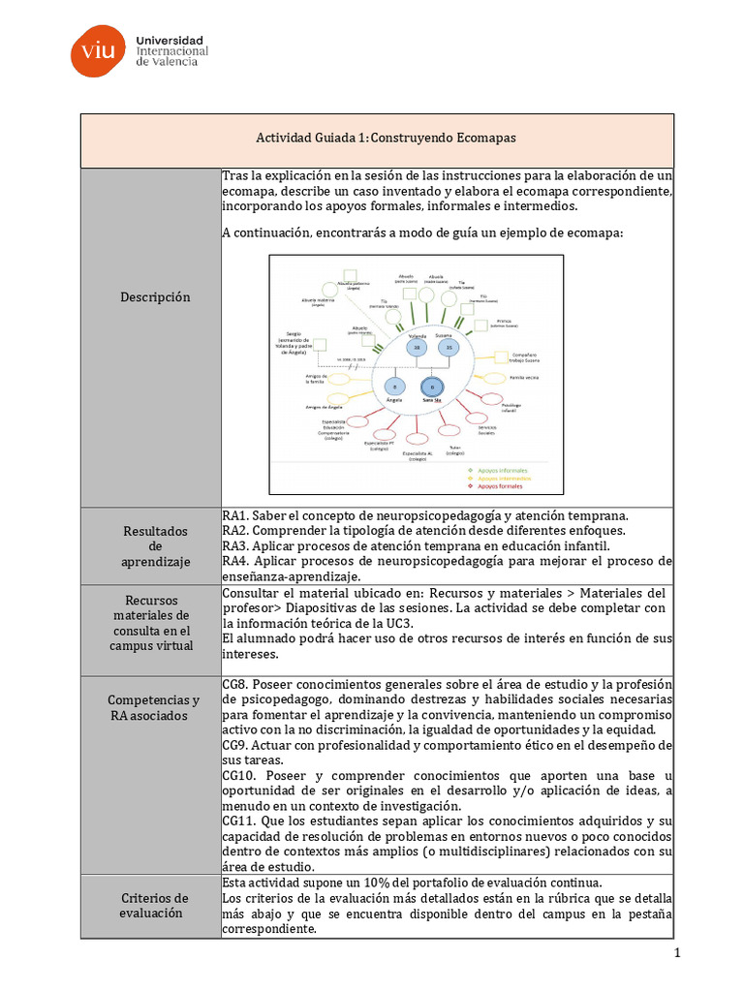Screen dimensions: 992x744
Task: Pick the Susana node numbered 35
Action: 448,347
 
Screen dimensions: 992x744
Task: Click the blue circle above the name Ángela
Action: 394,385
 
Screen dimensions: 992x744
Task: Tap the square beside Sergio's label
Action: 331,345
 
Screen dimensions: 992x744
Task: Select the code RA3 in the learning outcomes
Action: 235,545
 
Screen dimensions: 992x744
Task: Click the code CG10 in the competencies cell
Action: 238,776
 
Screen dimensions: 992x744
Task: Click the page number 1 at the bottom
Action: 678,953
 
